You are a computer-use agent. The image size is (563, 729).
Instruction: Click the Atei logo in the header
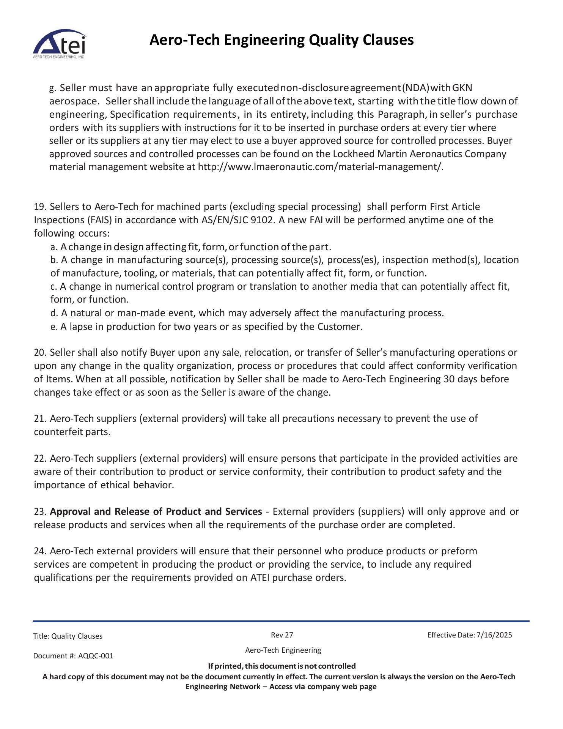click(60, 44)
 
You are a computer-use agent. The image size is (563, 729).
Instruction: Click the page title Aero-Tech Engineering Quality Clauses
click(281, 40)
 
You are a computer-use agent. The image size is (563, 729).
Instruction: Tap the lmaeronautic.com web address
click(320, 167)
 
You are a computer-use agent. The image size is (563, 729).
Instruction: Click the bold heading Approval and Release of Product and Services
click(156, 512)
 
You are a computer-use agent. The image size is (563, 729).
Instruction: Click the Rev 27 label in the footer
click(282, 635)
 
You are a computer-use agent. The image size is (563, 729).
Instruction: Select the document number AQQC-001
click(96, 656)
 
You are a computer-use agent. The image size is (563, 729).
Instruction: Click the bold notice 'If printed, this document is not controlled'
click(281, 666)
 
